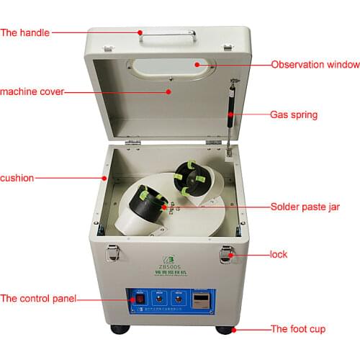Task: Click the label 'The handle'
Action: [x=26, y=32]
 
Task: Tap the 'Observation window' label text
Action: [x=315, y=65]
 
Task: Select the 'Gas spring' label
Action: [x=293, y=114]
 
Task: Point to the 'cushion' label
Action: [x=17, y=177]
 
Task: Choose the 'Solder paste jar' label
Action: [x=305, y=207]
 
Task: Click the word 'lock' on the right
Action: [x=279, y=254]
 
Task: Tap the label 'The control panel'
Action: [x=38, y=298]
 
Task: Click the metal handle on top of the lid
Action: [x=167, y=32]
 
